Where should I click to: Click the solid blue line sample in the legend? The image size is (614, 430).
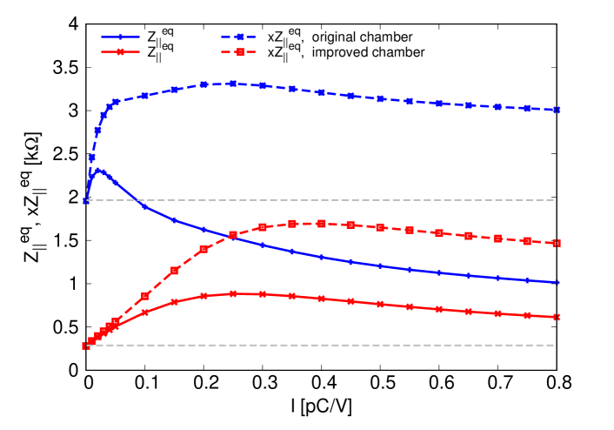(x=120, y=37)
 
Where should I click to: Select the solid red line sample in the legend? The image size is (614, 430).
(x=120, y=52)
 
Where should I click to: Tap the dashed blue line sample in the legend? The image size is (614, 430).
(x=239, y=37)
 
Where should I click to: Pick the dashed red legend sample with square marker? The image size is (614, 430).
(x=239, y=52)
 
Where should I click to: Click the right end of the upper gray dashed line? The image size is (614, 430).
(x=554, y=199)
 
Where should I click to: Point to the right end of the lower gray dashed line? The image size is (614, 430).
(x=554, y=346)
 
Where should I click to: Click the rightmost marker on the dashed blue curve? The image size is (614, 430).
(x=557, y=110)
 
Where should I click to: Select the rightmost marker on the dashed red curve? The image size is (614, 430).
(x=557, y=243)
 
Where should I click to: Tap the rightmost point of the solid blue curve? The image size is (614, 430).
(x=557, y=282)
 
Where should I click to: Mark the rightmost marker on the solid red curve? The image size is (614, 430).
(x=557, y=317)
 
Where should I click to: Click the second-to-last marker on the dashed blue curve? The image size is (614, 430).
(x=527, y=108)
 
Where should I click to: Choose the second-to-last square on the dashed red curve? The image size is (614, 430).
(x=527, y=240)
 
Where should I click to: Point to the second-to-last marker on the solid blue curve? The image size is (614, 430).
(x=527, y=280)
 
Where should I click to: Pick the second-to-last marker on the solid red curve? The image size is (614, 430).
(x=527, y=315)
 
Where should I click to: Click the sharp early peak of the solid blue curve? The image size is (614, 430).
(x=99, y=170)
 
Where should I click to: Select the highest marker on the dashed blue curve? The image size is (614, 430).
(x=232, y=84)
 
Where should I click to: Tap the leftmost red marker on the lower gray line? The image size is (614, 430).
(x=86, y=346)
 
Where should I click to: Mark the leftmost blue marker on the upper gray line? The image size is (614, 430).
(x=86, y=200)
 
